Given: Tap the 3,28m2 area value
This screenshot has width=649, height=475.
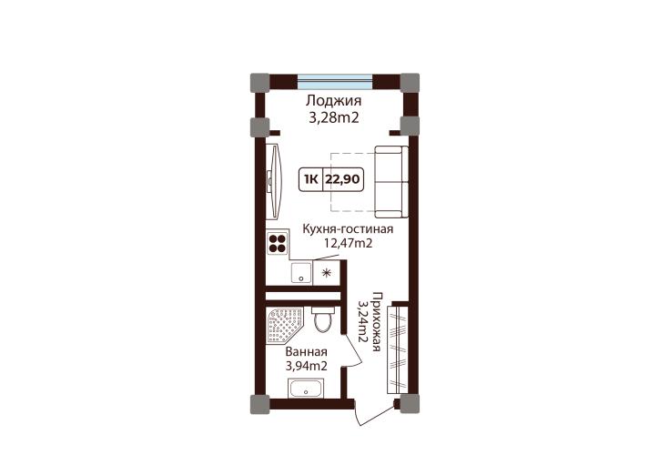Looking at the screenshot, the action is click(334, 118).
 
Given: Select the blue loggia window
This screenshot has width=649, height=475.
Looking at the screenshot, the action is click(335, 82).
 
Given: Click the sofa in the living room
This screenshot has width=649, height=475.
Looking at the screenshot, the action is click(391, 182).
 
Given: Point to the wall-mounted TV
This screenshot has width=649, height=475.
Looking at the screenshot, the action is click(274, 181).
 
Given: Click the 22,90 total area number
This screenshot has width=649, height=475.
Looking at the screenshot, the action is click(343, 179).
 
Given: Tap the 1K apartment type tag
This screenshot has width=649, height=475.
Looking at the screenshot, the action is click(310, 179).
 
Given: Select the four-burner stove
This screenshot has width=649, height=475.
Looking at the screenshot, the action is click(278, 243).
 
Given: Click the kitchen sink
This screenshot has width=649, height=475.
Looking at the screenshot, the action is click(301, 273).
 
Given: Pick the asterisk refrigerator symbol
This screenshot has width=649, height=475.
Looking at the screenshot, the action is click(327, 273).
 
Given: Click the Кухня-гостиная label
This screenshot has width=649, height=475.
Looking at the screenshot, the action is click(348, 228).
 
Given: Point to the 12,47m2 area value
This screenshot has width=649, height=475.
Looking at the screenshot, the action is click(348, 243).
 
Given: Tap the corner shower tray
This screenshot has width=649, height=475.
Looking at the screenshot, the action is click(285, 325).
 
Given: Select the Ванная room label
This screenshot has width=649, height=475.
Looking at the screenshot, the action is click(306, 351).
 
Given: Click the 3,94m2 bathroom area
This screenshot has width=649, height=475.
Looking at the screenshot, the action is click(307, 366).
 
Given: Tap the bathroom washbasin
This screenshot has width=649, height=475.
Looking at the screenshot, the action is click(306, 389).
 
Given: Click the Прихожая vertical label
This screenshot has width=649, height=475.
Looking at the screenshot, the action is click(376, 321).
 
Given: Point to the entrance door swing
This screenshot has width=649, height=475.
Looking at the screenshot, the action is click(376, 414).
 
